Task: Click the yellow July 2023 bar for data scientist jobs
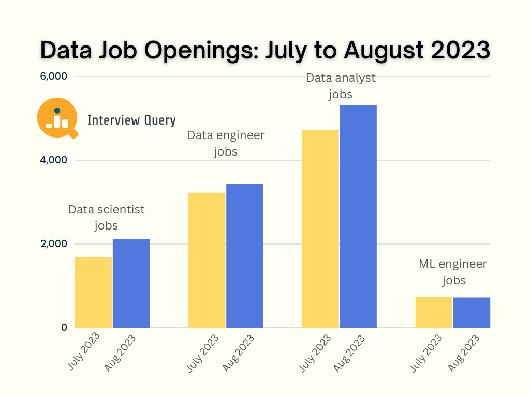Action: [93, 293]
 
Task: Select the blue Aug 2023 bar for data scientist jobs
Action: [131, 283]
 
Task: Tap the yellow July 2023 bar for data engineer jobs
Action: [207, 260]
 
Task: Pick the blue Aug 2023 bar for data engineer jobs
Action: [244, 256]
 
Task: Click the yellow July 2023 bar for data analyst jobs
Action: [320, 228]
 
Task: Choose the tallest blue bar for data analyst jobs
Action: [358, 217]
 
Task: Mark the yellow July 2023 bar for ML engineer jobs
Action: [434, 312]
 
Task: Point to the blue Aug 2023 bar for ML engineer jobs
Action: [472, 312]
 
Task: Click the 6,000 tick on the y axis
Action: [54, 77]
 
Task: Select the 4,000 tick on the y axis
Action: [54, 160]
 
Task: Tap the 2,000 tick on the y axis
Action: [54, 244]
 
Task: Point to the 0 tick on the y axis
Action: [64, 328]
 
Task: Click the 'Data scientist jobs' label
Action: [106, 218]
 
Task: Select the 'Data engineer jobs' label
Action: [226, 143]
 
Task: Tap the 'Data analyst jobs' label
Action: [341, 86]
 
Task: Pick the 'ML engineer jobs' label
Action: [453, 272]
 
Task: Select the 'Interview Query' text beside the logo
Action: [131, 120]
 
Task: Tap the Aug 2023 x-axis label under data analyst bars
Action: [349, 353]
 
